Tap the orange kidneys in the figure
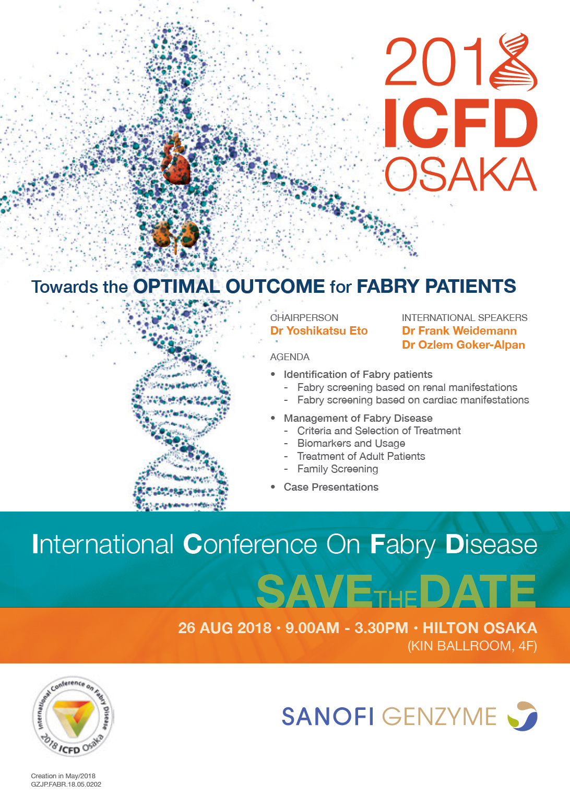(175, 234)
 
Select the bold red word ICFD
(461, 123)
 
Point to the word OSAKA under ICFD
(461, 175)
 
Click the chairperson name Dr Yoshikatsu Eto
(319, 331)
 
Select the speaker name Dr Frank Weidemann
(459, 331)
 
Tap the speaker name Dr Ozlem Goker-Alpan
(463, 345)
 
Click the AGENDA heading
(290, 357)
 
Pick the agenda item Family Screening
(338, 469)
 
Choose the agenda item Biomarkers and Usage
(351, 443)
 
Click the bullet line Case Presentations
(331, 487)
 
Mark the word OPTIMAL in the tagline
(177, 287)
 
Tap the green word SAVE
(315, 592)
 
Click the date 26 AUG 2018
(225, 628)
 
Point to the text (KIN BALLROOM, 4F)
(472, 646)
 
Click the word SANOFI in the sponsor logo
(327, 716)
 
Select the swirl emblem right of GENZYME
(522, 716)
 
